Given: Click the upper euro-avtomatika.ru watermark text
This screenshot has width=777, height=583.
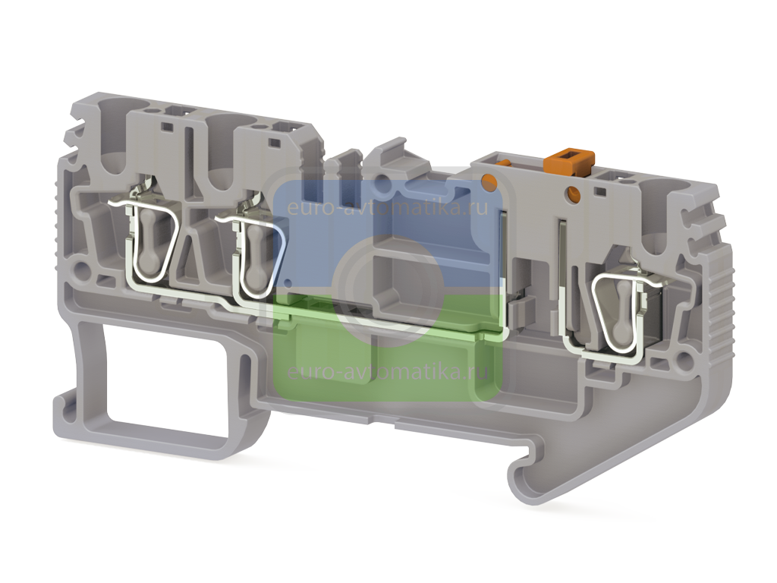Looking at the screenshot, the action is (388, 206).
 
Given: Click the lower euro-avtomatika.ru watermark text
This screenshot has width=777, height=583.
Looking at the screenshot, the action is (388, 372).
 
